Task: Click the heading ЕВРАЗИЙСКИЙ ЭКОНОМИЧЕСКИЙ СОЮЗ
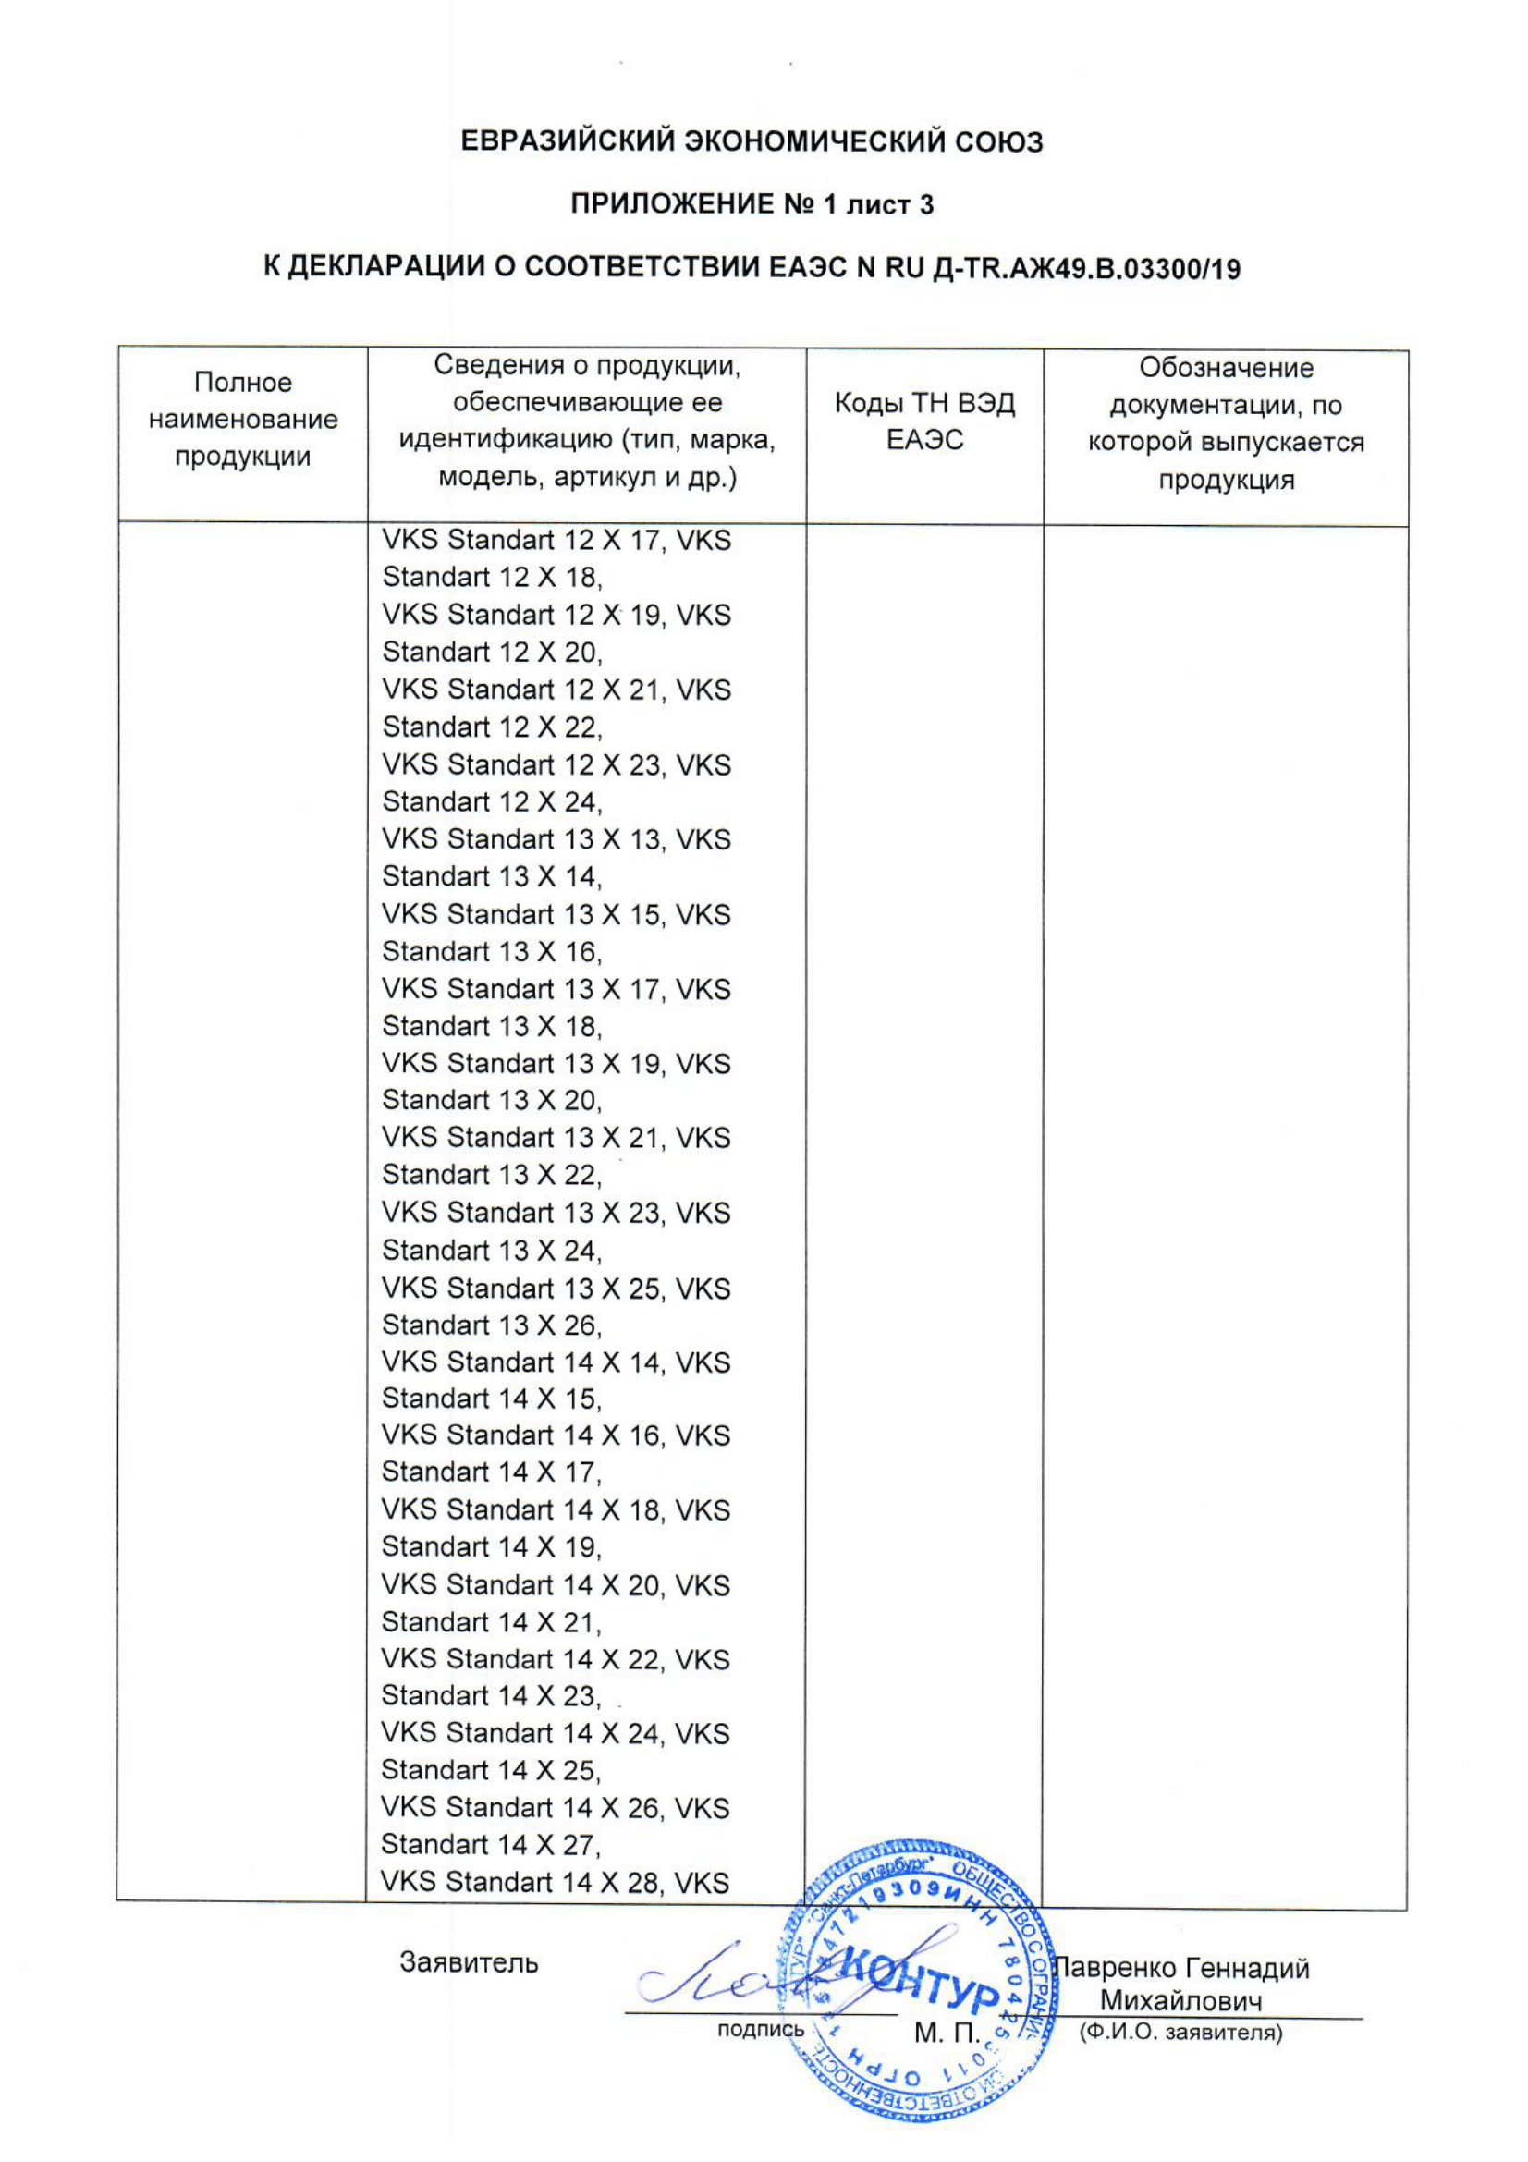tap(752, 142)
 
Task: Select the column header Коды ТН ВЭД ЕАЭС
tap(924, 421)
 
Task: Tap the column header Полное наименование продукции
tap(243, 420)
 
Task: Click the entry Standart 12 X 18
tap(492, 577)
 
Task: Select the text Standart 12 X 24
tap(492, 802)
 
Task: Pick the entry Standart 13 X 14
tap(492, 876)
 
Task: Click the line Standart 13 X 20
tap(492, 1100)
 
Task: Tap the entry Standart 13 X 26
tap(492, 1325)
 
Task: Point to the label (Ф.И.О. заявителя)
tap(1180, 2032)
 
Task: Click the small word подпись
tap(761, 2029)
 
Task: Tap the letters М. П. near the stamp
tap(947, 2034)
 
